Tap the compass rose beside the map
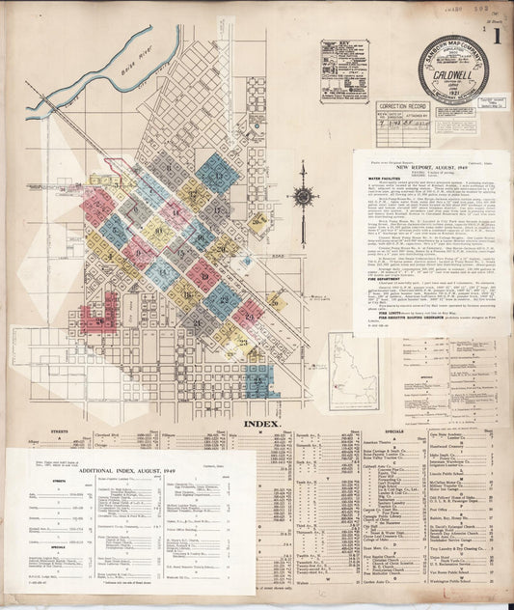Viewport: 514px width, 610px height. pyautogui.click(x=303, y=197)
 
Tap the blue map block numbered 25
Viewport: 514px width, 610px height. pyautogui.click(x=258, y=382)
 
